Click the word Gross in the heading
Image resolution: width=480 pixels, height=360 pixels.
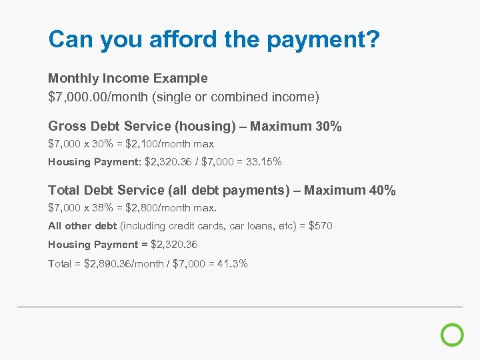click(66, 126)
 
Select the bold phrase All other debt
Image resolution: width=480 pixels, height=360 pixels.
click(82, 226)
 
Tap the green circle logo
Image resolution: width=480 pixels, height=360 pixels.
click(452, 335)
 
